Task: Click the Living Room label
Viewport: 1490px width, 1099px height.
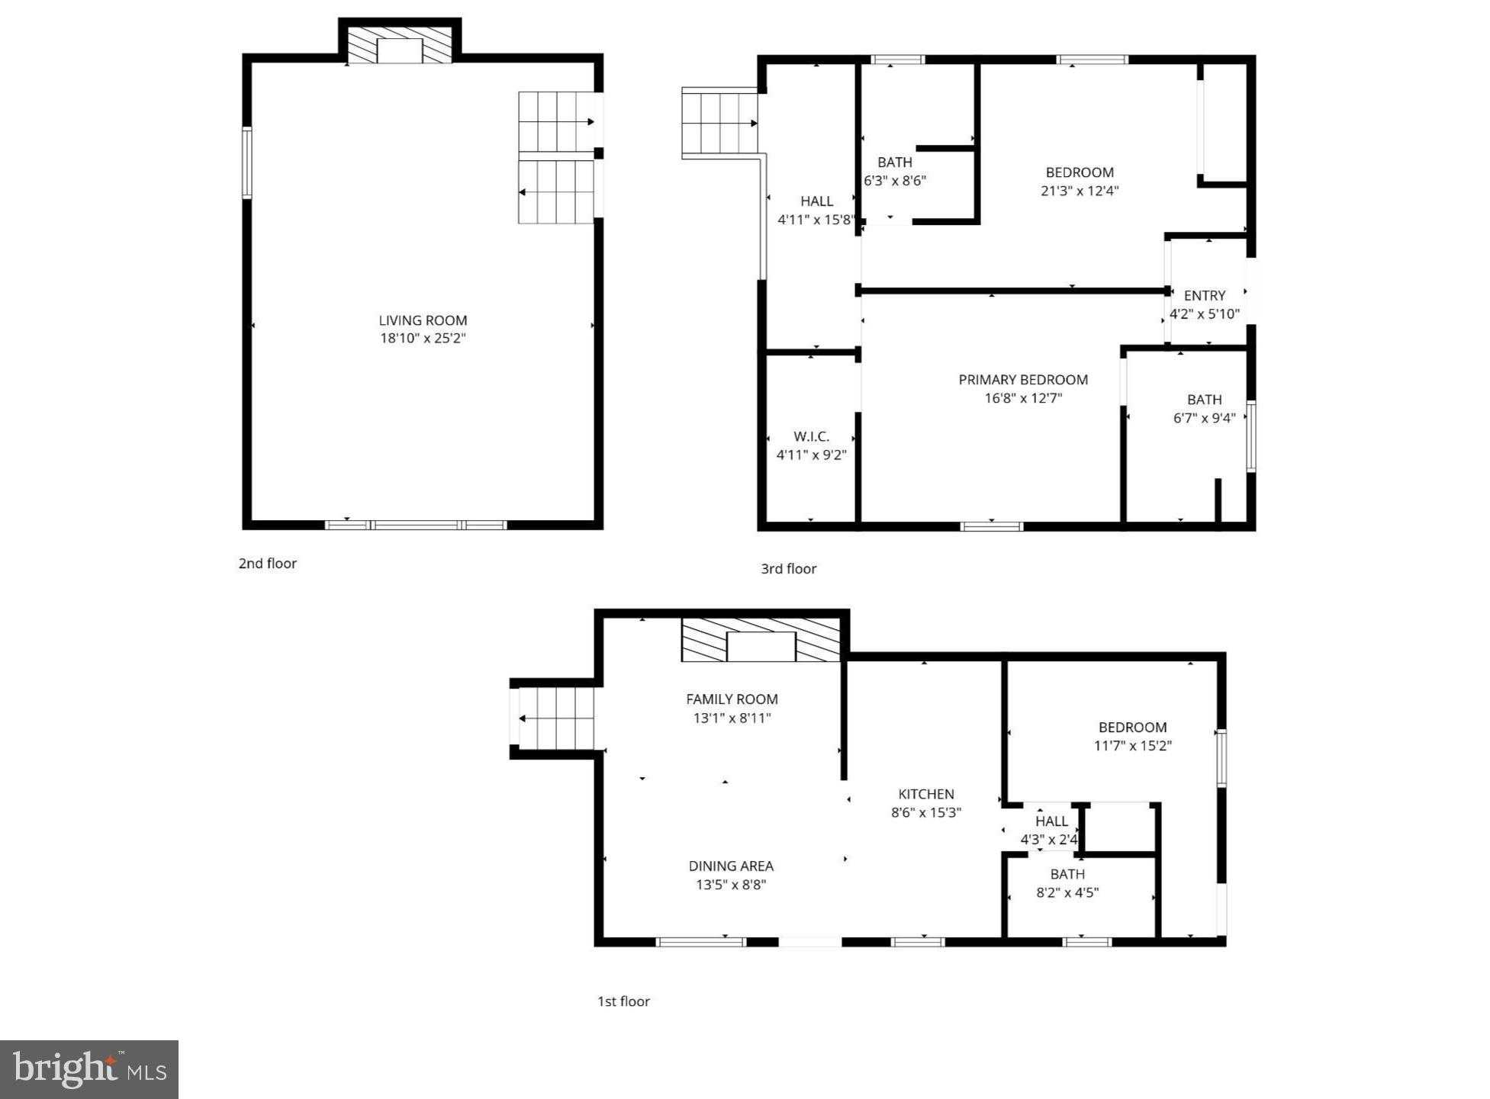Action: (x=423, y=320)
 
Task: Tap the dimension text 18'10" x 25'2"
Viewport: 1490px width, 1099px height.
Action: (x=423, y=338)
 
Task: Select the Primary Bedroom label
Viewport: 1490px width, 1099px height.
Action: (x=1022, y=380)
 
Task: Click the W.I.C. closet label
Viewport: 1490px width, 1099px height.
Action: (x=811, y=436)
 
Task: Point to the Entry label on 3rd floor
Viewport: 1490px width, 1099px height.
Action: (x=1204, y=295)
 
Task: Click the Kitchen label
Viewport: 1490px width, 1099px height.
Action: (x=925, y=794)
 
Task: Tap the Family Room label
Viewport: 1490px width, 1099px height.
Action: (x=732, y=699)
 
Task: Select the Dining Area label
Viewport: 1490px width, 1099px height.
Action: (x=731, y=866)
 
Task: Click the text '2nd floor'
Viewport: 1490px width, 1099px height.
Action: (x=267, y=564)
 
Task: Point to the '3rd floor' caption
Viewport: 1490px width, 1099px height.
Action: (x=788, y=569)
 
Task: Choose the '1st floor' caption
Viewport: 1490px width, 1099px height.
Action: (x=623, y=1001)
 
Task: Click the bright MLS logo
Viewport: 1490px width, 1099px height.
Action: (x=89, y=1069)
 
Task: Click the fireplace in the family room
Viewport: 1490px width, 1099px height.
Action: (x=761, y=641)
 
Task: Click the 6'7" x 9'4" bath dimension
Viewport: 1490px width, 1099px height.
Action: (x=1204, y=418)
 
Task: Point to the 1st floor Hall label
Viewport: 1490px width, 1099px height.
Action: (x=1051, y=821)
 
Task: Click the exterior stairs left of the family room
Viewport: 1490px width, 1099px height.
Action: (x=556, y=718)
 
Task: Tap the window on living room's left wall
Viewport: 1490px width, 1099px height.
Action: (x=247, y=162)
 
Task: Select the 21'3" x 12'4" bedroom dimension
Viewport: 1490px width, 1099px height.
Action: (x=1080, y=191)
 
